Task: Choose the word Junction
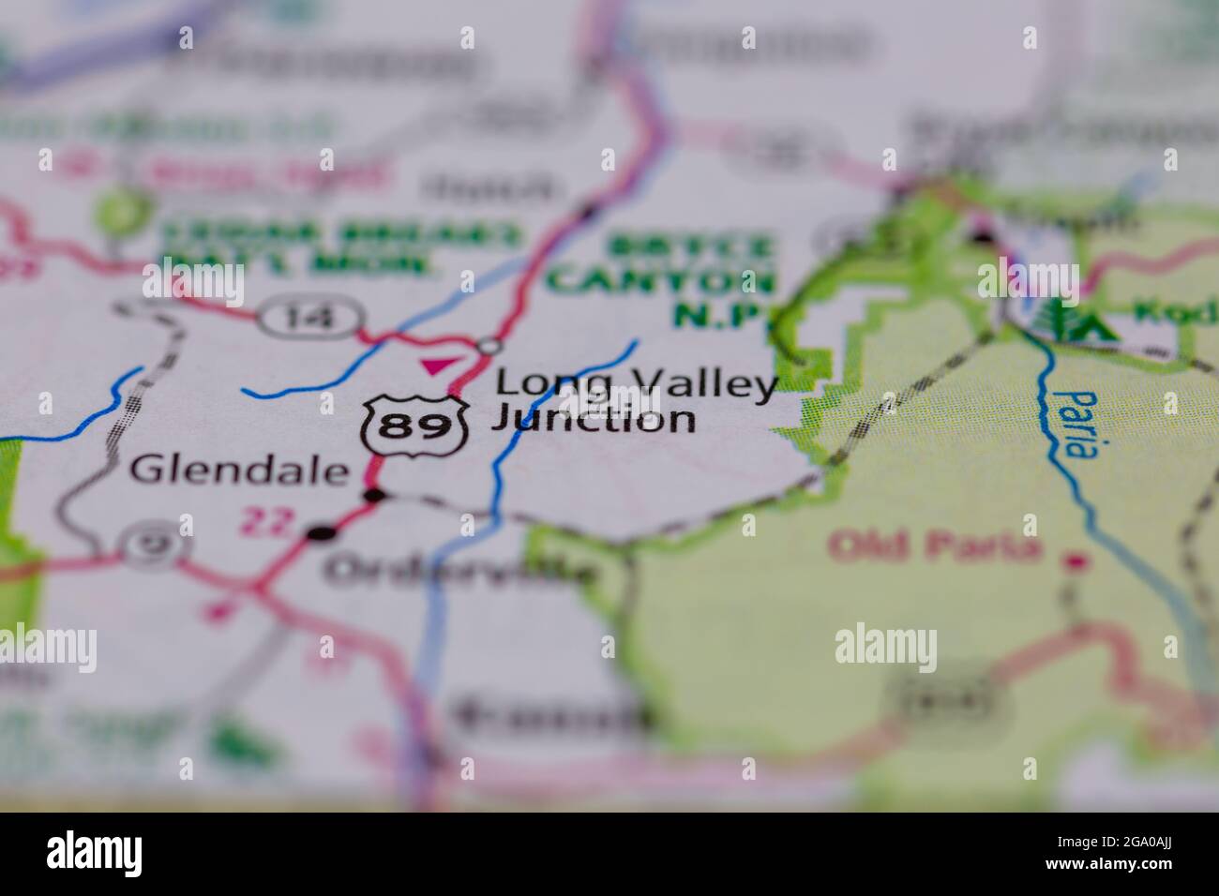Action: tap(594, 418)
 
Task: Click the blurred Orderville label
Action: tap(459, 569)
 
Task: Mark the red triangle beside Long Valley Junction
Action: tap(435, 366)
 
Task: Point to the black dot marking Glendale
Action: tap(374, 495)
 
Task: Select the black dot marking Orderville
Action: tap(321, 533)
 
